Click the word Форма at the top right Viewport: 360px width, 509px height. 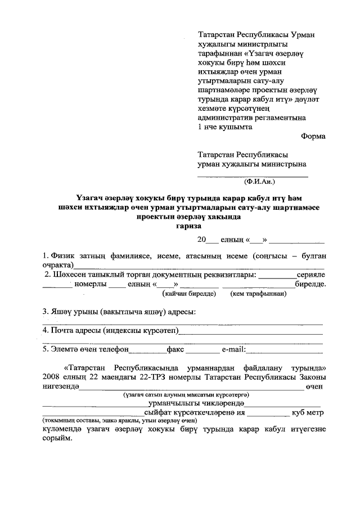coord(313,136)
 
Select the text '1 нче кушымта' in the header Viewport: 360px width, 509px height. coord(225,127)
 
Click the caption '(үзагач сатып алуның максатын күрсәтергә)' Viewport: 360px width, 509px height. coord(186,395)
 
